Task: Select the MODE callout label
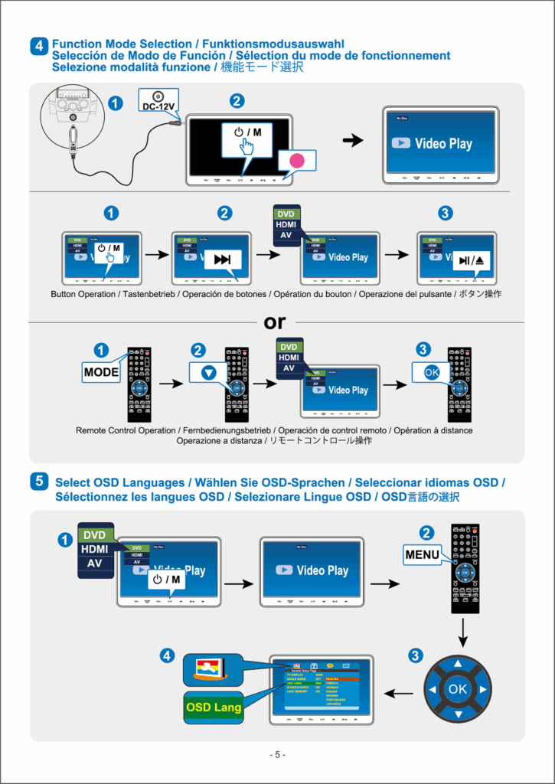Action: [101, 373]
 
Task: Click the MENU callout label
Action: [423, 553]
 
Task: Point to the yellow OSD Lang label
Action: [214, 707]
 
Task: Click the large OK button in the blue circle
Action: [457, 689]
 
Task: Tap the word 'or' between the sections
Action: [275, 323]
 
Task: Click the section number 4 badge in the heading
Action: [39, 46]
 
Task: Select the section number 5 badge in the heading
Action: [39, 482]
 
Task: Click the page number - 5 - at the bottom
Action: [277, 755]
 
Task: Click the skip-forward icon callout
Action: [222, 260]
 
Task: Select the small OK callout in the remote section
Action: [431, 372]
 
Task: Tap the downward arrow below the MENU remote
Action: [464, 631]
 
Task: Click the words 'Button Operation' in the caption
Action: [83, 294]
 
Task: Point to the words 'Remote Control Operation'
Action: [126, 430]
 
